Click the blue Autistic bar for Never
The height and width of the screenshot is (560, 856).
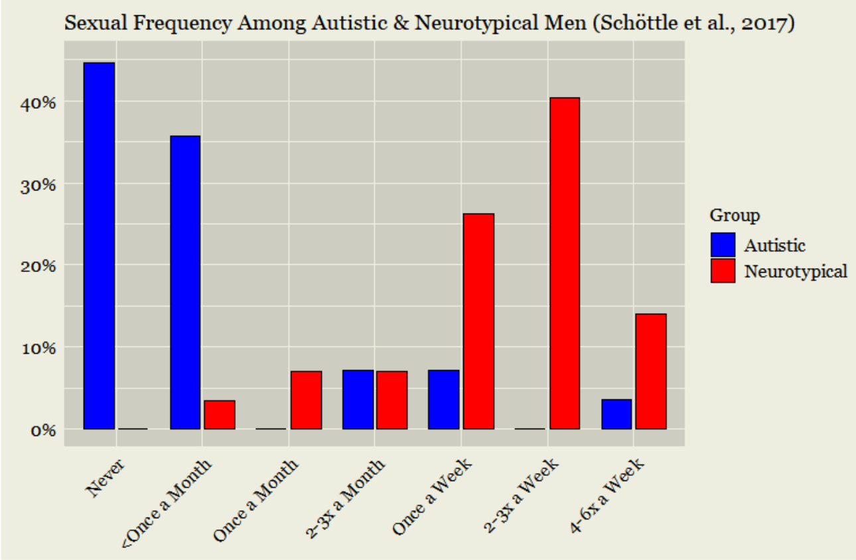[99, 245]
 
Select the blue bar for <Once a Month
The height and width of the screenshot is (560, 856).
[185, 282]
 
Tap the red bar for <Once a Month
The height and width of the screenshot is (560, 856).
[220, 415]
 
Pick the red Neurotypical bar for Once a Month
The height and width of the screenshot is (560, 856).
[306, 400]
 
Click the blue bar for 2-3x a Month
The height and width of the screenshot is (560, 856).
[358, 399]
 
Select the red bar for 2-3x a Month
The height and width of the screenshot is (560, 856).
[392, 400]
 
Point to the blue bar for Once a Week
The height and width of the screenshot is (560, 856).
[443, 399]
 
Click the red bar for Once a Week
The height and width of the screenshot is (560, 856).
[478, 321]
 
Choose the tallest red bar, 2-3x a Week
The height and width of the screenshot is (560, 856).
[565, 263]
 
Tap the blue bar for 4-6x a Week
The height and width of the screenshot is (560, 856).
[616, 414]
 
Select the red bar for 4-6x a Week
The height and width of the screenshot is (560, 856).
[651, 372]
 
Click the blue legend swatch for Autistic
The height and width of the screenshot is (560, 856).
[723, 245]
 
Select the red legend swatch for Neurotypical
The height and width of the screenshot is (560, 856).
[723, 271]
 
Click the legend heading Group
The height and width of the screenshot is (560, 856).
[735, 216]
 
